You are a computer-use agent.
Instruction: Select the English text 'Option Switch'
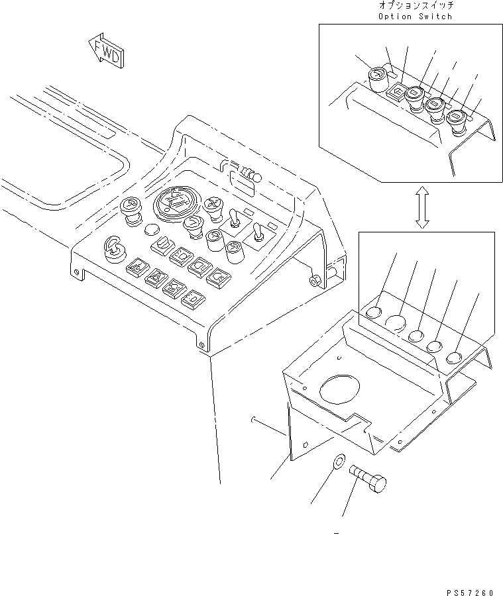[x=415, y=16]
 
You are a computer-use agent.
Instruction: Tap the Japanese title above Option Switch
[x=415, y=5]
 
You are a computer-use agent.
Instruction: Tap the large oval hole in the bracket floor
[x=341, y=389]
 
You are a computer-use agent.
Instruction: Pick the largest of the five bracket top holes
[x=396, y=323]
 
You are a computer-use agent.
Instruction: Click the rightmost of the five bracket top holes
[x=455, y=358]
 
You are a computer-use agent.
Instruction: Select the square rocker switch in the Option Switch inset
[x=396, y=89]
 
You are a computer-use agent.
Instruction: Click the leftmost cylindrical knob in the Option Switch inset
[x=376, y=79]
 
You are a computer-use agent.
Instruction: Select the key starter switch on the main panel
[x=113, y=250]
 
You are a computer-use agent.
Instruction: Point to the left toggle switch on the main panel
[x=233, y=219]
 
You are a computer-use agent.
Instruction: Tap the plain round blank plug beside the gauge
[x=150, y=230]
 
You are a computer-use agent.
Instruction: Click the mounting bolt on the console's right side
[x=314, y=281]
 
